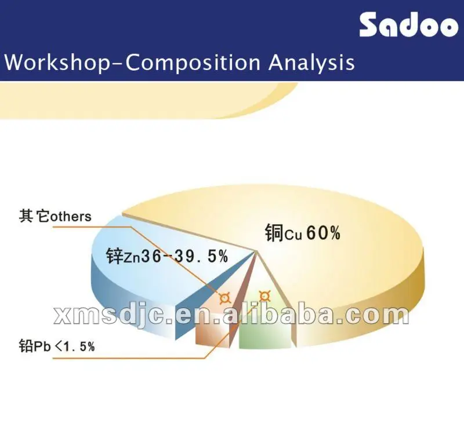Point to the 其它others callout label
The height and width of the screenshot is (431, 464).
coord(55,217)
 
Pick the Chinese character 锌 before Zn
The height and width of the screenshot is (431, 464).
coord(114,255)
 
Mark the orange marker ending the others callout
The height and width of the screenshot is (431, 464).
coord(224,298)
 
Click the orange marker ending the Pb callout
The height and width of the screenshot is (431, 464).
coord(264,296)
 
